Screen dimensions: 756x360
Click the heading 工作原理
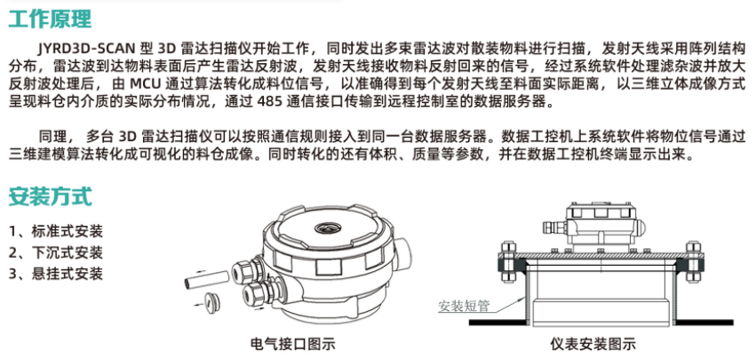point(51,19)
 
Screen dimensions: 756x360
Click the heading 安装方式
point(51,196)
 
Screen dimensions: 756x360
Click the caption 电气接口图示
point(293,344)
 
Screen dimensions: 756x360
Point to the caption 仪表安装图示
point(593,344)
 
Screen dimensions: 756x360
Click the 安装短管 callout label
point(464,306)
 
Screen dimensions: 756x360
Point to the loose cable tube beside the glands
point(206,281)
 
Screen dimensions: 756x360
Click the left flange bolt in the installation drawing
point(506,263)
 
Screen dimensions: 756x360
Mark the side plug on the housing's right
point(403,250)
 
